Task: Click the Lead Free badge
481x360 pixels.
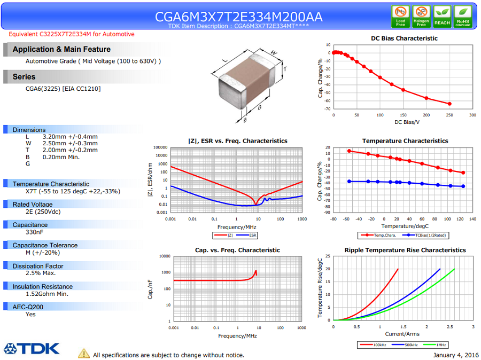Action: pos(400,17)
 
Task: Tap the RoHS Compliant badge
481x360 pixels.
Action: pos(462,17)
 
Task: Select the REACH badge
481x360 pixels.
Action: pos(442,17)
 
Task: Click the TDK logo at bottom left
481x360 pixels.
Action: pos(32,349)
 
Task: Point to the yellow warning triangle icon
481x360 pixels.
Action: pos(84,353)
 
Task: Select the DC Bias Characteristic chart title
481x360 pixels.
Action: pos(404,38)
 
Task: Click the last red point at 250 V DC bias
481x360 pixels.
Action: pos(449,104)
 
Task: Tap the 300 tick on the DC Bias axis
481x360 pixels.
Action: pos(472,115)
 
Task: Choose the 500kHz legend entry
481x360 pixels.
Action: pos(407,345)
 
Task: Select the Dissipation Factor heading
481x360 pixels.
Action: pos(38,266)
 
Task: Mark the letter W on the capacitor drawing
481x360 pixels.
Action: pos(274,52)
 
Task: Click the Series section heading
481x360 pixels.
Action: pos(24,77)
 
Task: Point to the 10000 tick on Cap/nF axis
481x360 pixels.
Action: pos(163,256)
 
